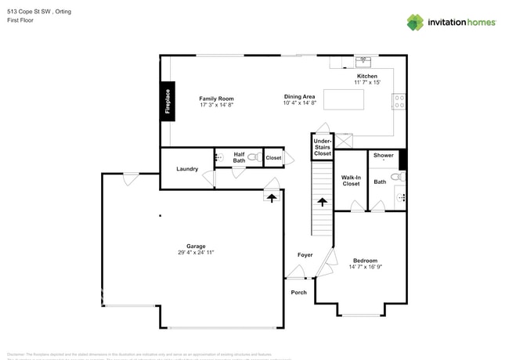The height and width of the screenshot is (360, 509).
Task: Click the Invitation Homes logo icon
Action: point(415,22)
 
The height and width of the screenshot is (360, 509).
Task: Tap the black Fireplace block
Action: point(167,99)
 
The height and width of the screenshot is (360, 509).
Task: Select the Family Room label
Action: point(216,99)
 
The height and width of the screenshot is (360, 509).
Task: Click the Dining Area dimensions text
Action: point(300,103)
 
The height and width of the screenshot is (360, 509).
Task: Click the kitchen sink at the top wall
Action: point(363,60)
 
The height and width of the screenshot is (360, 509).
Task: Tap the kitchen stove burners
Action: point(399,100)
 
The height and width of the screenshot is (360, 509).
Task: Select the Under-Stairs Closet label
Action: point(323,147)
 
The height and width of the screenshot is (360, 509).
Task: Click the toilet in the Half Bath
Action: point(252,157)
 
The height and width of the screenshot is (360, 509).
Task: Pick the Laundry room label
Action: point(187,169)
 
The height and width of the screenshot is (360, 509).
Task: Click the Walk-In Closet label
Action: point(351,181)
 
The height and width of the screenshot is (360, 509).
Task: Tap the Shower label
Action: point(384,155)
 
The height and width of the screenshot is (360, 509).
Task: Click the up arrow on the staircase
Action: point(322,202)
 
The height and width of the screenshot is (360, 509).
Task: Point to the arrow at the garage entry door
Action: point(272,198)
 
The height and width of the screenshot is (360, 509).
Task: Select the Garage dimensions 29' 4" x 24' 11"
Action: point(196,253)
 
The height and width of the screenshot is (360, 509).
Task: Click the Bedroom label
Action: point(365,261)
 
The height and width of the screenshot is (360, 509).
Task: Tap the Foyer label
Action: point(305,255)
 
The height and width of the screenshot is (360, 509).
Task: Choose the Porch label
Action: point(299,293)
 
